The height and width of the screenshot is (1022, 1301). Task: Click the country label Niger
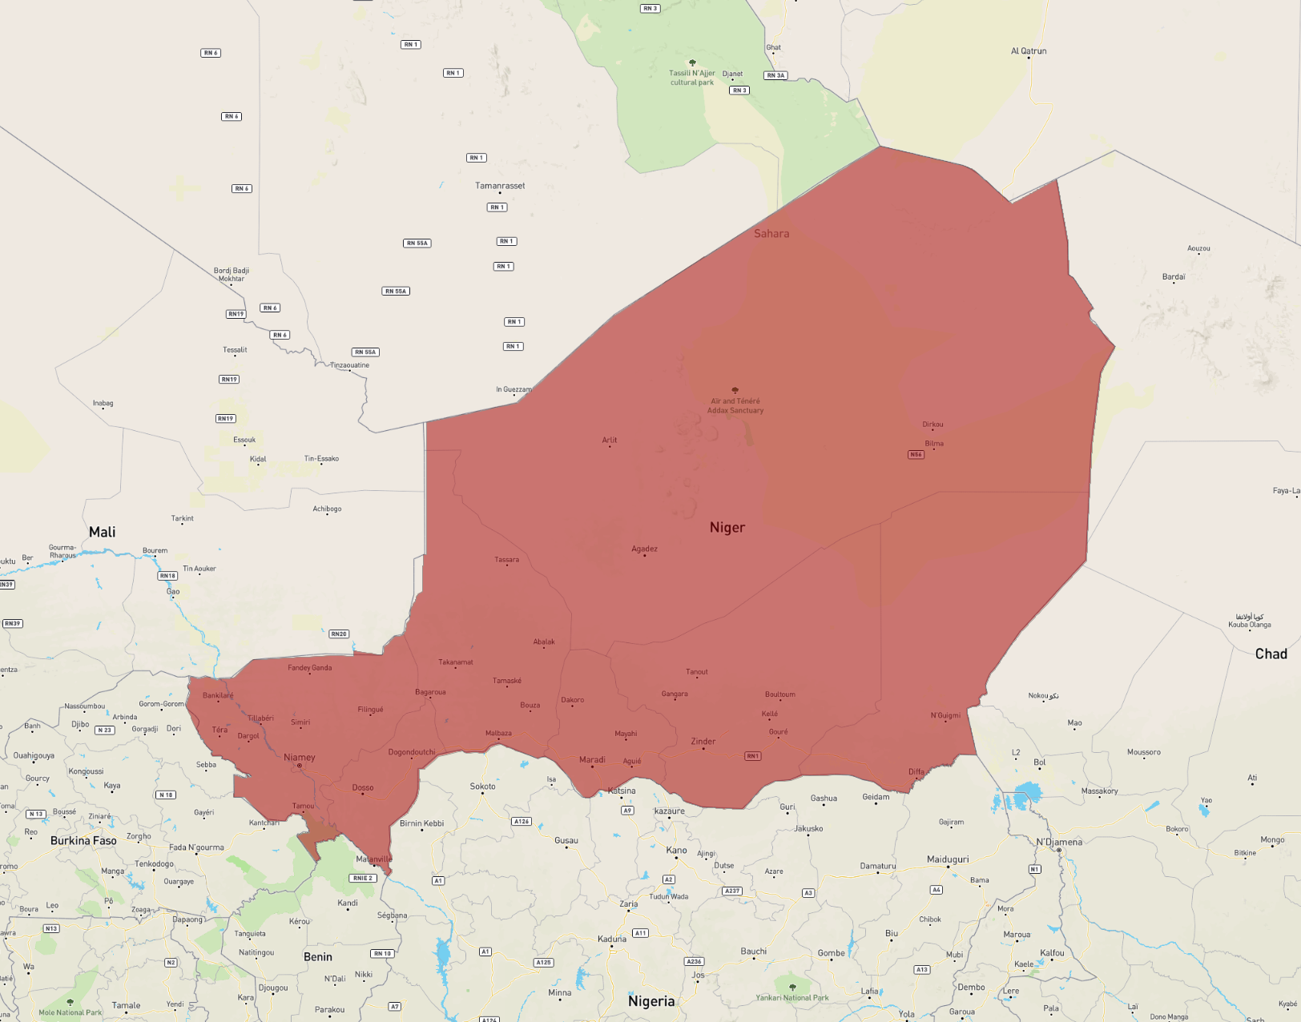point(727,527)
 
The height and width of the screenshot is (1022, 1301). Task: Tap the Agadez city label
point(644,549)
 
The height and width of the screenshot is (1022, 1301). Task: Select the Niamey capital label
point(300,757)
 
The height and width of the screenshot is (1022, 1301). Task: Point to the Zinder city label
point(703,741)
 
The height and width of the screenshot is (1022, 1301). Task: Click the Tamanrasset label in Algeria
point(500,186)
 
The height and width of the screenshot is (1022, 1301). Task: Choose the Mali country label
point(102,532)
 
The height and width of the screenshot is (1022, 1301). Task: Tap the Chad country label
point(1271,654)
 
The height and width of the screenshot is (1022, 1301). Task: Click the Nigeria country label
point(651,1001)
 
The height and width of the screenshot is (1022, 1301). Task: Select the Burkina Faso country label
point(83,840)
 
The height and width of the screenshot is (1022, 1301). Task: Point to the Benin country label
point(317,956)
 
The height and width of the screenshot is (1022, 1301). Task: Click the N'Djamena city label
point(1059,842)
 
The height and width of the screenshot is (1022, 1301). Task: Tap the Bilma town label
point(934,443)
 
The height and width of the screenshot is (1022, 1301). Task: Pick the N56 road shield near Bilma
point(916,454)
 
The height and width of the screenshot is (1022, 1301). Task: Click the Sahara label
point(771,234)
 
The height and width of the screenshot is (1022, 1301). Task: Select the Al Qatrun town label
point(1029,51)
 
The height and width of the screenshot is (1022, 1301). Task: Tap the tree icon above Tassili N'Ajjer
point(692,62)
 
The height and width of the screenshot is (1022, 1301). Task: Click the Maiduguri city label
point(948,859)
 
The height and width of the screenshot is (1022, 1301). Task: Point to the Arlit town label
point(610,440)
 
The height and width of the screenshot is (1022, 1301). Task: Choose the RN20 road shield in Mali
point(339,634)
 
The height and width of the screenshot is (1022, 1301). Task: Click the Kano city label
point(676,850)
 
